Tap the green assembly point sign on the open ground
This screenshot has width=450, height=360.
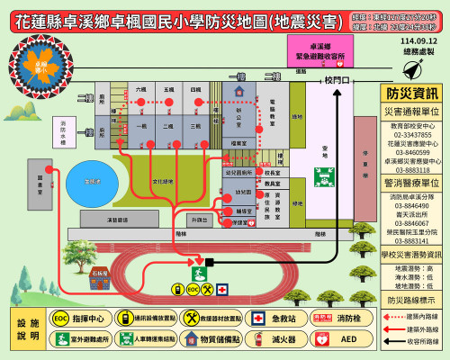tap(324, 175)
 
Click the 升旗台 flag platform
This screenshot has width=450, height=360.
tap(199, 219)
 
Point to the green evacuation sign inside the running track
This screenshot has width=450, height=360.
tap(200, 270)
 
